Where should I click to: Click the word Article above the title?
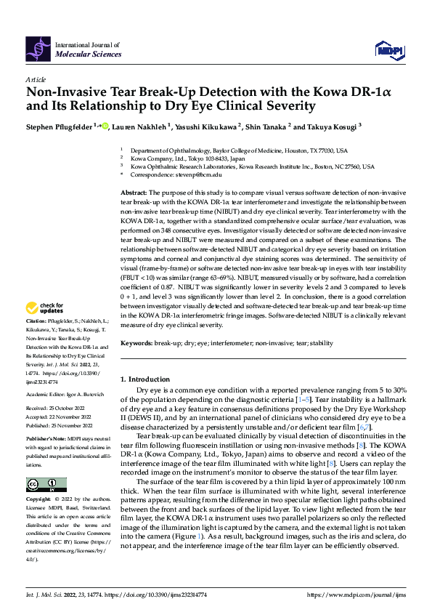pos(36,79)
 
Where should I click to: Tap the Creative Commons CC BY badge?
pos(46,485)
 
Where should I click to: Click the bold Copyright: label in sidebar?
pos(38,500)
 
